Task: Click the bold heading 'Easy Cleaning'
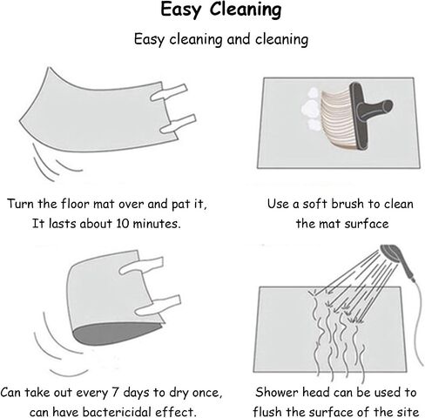(221, 10)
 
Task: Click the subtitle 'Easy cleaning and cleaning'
(221, 39)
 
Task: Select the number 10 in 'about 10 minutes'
(123, 224)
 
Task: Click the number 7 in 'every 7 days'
(115, 393)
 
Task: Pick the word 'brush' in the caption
(347, 204)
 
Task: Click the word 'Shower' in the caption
(277, 393)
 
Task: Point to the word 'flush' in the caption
(266, 412)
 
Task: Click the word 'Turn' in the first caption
(21, 204)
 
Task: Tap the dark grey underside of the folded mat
(116, 334)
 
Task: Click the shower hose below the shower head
(417, 322)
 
